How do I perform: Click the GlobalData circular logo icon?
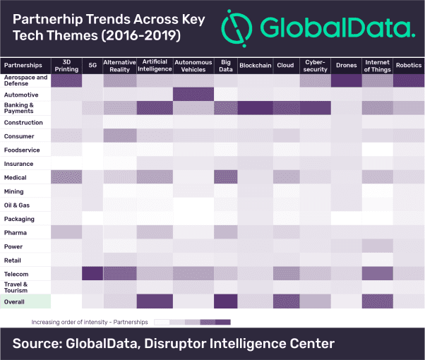coord(237,28)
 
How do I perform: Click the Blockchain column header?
coord(256,66)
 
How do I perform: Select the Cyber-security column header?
coord(316,66)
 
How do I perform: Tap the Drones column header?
coord(346,66)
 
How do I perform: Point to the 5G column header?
coord(92,66)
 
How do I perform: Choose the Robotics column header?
coord(409,66)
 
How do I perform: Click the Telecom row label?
coord(16,274)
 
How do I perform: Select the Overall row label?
coord(14,301)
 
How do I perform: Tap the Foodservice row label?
coord(22,150)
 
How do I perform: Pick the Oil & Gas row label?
coord(17,205)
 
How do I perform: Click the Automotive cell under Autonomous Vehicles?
coord(193,94)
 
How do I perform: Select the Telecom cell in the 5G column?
coord(92,273)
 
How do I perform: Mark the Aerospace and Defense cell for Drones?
coord(347,80)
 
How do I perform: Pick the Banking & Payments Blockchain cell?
coord(256,108)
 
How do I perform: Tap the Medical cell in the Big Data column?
coord(226,176)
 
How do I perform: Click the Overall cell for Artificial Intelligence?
coord(155,301)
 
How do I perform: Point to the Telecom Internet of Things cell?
coord(378,273)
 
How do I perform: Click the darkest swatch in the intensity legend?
coord(223,322)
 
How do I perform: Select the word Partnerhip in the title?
coord(47,20)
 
